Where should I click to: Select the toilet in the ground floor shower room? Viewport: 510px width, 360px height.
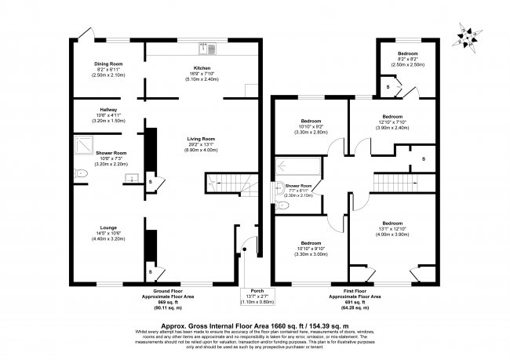(x=78, y=173)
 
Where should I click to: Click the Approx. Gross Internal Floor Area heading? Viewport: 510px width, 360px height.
(x=254, y=323)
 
